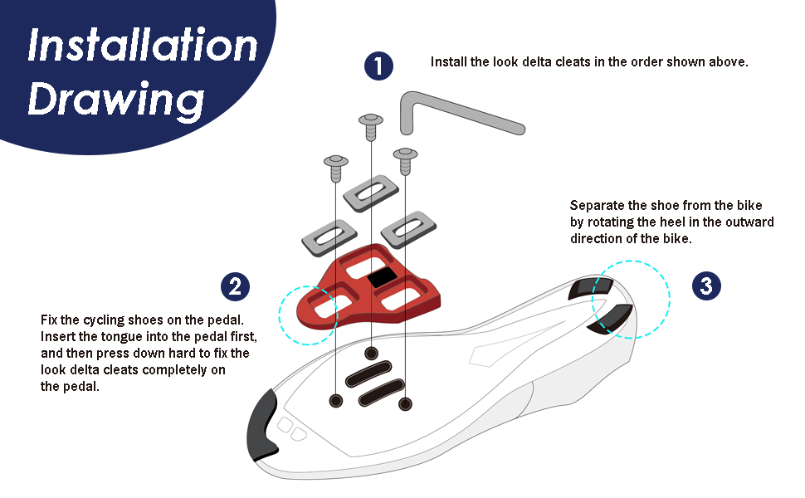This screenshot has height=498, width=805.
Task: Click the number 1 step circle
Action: [378, 66]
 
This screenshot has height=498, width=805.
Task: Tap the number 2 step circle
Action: [235, 287]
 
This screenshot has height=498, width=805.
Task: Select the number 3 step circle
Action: [705, 287]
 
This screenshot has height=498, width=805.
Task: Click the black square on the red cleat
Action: [383, 278]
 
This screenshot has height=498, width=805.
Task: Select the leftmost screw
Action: [335, 165]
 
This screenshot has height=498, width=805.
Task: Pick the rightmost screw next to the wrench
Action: [405, 159]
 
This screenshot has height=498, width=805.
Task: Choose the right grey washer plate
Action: [408, 225]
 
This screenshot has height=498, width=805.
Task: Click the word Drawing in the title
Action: [116, 100]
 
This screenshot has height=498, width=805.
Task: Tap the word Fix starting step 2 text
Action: [50, 320]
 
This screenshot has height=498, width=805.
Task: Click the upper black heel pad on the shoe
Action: [591, 288]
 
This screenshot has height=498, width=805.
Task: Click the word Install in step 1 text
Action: [449, 62]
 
